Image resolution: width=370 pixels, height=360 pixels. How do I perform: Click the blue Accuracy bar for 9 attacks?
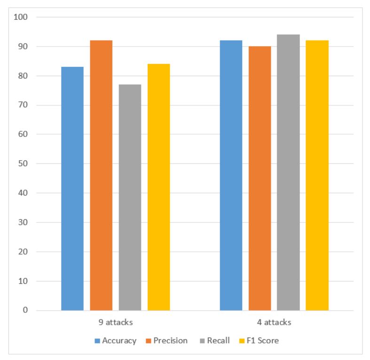pos(72,188)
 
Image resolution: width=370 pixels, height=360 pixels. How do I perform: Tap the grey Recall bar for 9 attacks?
pos(130,197)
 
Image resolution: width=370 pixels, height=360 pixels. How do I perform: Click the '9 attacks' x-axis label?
pos(115,323)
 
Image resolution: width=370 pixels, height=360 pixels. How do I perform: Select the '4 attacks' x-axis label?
pos(274,323)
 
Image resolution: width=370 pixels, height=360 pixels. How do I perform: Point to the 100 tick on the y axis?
pos(22,17)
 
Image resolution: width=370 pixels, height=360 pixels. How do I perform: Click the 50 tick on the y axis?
pos(24,164)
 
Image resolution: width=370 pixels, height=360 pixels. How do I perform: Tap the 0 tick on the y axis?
pos(25,311)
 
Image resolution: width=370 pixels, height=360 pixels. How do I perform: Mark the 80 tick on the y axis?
pos(24,76)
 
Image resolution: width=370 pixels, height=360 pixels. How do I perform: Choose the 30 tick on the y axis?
pos(24,223)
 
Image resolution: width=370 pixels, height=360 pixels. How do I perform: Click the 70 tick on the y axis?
pos(24,105)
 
